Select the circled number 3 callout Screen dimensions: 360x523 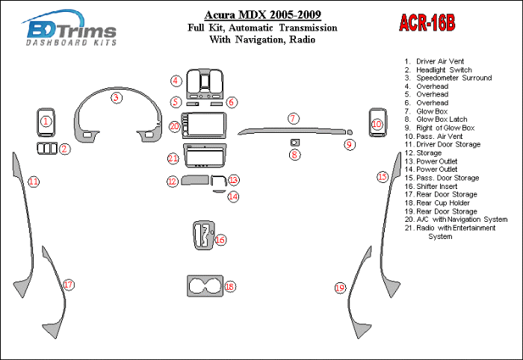click(x=117, y=97)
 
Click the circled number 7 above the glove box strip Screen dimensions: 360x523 click(x=294, y=118)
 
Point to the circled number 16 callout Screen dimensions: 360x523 click(x=220, y=239)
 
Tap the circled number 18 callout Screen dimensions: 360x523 click(x=229, y=286)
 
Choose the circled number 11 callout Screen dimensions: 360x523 click(x=33, y=181)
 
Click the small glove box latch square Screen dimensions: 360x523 click(x=294, y=141)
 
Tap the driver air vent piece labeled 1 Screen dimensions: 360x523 click(x=46, y=121)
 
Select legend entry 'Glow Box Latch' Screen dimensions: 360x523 click(x=447, y=120)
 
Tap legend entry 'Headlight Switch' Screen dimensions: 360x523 click(x=444, y=69)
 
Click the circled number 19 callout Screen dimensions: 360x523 click(x=340, y=288)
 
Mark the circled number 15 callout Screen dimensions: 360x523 click(x=383, y=177)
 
